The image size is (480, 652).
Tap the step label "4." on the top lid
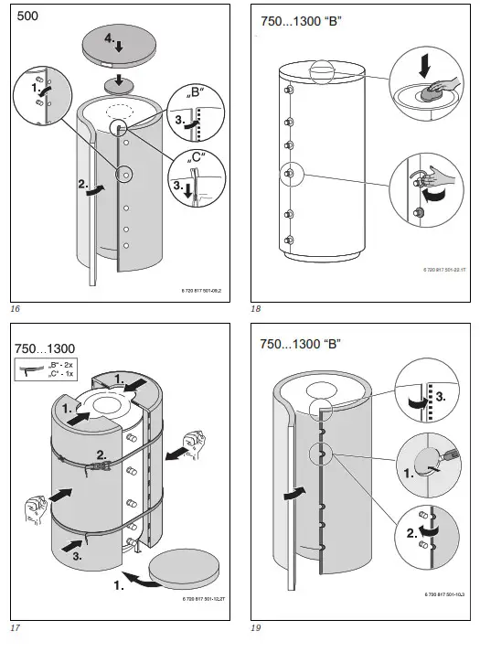[x=109, y=40]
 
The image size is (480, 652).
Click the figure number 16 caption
[x=15, y=309]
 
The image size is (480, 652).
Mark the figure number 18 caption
[x=256, y=309]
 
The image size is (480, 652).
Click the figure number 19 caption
[x=256, y=628]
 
